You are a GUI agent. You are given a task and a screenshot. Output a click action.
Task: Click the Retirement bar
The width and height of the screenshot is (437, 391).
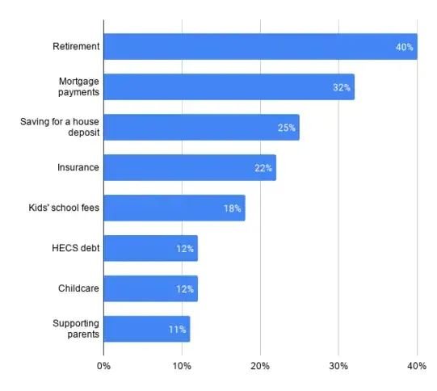(261, 47)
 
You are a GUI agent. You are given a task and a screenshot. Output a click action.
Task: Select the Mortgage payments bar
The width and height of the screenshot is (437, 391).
(229, 87)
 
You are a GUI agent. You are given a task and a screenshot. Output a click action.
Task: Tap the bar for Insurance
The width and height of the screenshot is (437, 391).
(190, 167)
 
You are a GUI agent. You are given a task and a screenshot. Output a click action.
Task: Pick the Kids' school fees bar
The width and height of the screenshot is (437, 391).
(174, 208)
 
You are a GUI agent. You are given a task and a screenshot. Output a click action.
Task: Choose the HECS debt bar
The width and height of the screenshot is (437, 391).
(151, 248)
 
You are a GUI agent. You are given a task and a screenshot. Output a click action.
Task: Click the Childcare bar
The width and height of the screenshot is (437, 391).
(151, 288)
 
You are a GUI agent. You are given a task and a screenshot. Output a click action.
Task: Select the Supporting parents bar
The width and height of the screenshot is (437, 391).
(147, 329)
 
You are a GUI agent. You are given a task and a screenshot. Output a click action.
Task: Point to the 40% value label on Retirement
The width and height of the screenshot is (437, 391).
(405, 47)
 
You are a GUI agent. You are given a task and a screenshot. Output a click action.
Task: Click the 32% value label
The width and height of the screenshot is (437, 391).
(342, 87)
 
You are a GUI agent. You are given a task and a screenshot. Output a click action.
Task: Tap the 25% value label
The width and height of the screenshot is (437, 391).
(286, 128)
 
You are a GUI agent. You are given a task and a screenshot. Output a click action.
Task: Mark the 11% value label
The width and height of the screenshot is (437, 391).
(177, 330)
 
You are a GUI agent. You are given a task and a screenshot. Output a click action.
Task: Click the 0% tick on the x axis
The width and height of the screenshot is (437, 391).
(103, 366)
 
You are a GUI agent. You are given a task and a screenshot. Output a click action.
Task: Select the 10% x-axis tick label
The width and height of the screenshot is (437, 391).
(182, 366)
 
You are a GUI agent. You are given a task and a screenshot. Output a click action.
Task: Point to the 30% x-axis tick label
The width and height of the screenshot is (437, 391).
(338, 366)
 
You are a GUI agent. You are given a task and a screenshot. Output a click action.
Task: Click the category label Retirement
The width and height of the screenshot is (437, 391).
(76, 46)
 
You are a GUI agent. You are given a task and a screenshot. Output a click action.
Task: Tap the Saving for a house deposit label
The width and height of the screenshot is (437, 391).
(60, 127)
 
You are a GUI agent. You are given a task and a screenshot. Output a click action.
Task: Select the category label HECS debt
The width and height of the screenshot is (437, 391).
(76, 248)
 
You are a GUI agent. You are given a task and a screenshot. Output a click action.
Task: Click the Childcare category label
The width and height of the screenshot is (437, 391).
(78, 288)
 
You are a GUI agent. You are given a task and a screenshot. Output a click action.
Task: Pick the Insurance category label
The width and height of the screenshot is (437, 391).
(78, 167)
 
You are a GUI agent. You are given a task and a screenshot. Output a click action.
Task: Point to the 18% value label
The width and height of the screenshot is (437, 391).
(233, 208)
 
